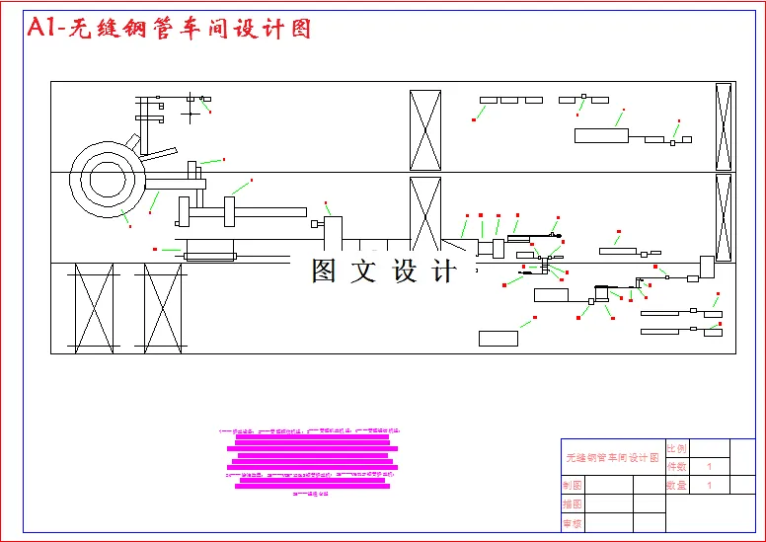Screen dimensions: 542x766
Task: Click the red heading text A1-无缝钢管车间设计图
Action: point(169,29)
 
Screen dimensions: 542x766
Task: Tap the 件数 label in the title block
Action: point(677,466)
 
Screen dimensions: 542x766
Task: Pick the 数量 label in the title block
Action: point(677,485)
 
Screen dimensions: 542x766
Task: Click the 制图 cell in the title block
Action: point(572,485)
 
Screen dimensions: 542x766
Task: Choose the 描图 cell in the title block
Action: point(572,504)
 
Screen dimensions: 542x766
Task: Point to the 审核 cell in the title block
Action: point(572,523)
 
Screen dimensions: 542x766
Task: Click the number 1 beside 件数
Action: point(709,466)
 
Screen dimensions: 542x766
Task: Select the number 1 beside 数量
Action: point(709,485)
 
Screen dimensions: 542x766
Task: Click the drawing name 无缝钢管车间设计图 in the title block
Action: point(612,458)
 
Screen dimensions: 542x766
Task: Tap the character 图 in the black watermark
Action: point(325,271)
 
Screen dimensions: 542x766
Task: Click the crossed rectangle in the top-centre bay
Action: point(425,130)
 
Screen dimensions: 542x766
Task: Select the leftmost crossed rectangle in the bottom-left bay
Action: point(95,308)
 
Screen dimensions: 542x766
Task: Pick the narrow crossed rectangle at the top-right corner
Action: point(724,126)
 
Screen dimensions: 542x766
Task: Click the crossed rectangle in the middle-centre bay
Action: point(425,213)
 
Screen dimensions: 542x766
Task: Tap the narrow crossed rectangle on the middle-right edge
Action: point(724,218)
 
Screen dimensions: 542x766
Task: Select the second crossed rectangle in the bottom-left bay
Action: point(164,308)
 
